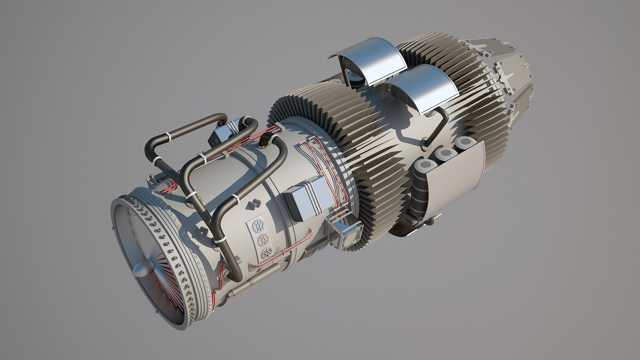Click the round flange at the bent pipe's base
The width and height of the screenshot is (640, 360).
(x=426, y=144)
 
